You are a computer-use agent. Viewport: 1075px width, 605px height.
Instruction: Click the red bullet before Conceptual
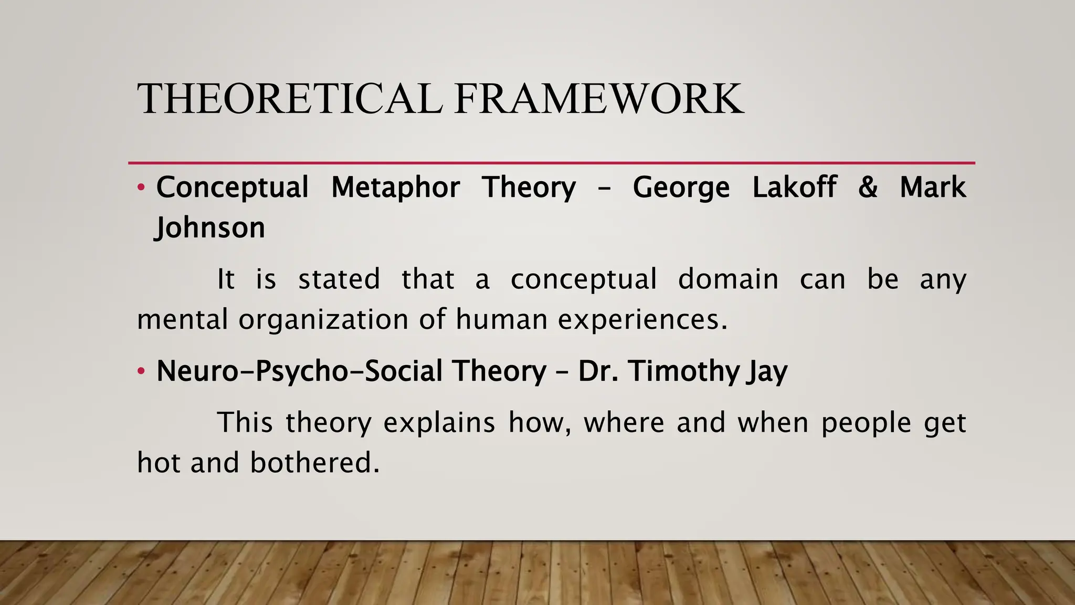coord(140,187)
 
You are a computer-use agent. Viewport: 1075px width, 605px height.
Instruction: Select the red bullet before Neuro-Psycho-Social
coord(140,371)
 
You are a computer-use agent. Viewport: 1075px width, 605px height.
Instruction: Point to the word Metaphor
coord(396,187)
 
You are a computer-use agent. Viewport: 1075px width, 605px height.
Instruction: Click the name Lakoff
coord(794,187)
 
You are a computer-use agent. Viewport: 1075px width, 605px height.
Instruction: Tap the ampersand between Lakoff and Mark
coord(868,187)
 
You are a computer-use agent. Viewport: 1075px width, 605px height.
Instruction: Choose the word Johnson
coord(210,228)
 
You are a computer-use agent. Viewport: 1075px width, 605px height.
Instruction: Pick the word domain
coord(728,279)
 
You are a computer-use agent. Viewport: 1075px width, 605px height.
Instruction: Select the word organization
coord(323,319)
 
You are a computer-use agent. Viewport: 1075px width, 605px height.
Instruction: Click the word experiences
coord(642,319)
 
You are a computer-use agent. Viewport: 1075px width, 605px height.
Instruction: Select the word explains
coord(439,423)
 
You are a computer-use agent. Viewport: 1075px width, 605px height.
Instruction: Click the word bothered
coord(314,463)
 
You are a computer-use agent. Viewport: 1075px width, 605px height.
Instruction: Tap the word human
coord(501,319)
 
